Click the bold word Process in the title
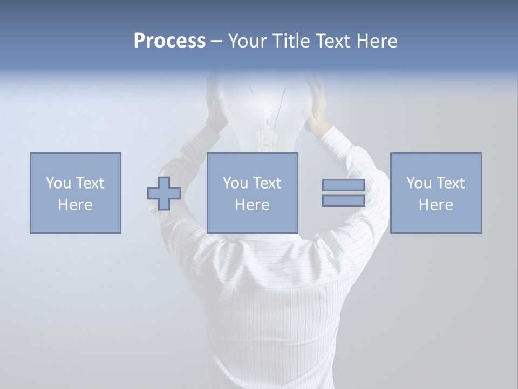pos(169,41)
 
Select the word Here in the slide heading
pos(376,41)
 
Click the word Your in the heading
pos(247,41)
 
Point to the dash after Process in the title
pos(216,42)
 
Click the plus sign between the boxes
pos(164,193)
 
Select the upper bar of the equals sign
pos(343,185)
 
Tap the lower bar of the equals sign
pos(343,201)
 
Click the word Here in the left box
pos(76,205)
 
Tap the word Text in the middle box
pos(267,183)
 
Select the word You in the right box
pos(419,183)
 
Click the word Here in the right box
pos(436,205)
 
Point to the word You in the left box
pos(58,183)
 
